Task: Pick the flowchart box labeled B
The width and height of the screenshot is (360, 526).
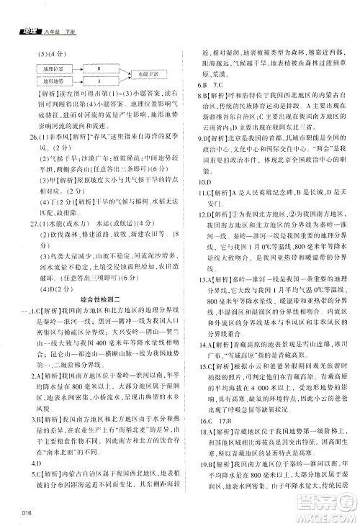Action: point(99,69)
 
